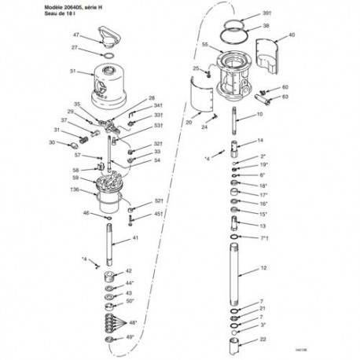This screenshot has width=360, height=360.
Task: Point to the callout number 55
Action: (x=204, y=46)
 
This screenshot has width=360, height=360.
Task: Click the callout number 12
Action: (x=263, y=269)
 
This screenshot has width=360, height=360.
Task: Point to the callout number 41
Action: (x=135, y=237)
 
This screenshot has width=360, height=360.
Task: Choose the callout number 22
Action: (x=263, y=339)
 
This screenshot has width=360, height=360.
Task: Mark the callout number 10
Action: (x=259, y=116)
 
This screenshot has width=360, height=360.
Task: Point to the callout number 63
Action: (x=285, y=97)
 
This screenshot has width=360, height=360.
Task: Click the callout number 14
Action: (x=260, y=141)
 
